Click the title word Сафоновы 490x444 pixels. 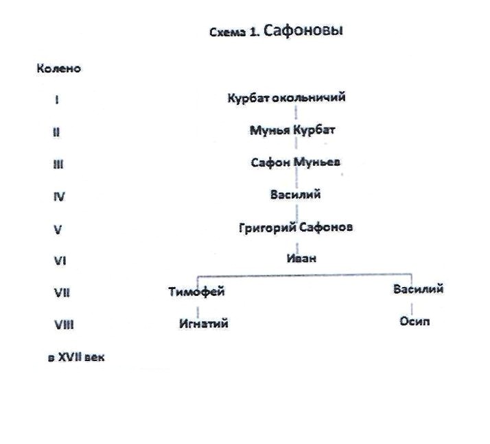click(x=303, y=32)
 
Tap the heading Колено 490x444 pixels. click(x=58, y=69)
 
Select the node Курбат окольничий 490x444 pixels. click(x=286, y=97)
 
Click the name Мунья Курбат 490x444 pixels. click(x=292, y=129)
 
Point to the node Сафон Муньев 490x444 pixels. click(x=296, y=162)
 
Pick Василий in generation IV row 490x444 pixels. click(x=295, y=195)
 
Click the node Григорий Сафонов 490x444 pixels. click(x=295, y=227)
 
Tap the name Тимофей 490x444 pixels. click(x=196, y=292)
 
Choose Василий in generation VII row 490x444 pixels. click(x=418, y=288)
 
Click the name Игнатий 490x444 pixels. click(x=203, y=323)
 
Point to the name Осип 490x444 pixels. click(x=415, y=321)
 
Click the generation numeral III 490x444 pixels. click(x=58, y=164)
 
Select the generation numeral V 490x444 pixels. click(x=58, y=230)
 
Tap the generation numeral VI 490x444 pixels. click(x=59, y=261)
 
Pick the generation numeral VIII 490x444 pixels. click(x=63, y=325)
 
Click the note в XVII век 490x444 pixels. click(x=76, y=358)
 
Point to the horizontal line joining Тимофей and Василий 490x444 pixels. click(x=302, y=275)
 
